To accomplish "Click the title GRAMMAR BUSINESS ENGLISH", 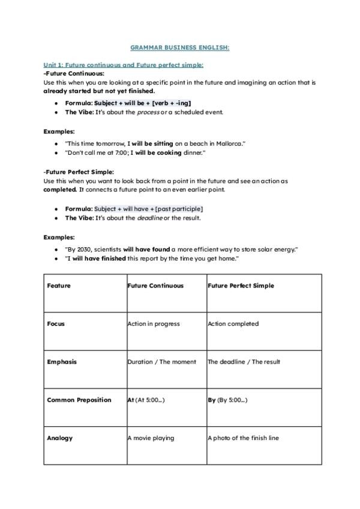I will (x=179, y=47).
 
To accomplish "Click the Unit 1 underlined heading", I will (x=123, y=65).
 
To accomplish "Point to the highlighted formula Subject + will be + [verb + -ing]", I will (x=143, y=103).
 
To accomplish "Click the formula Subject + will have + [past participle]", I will (x=148, y=208).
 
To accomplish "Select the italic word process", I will (x=148, y=112).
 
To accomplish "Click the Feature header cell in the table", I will (x=59, y=286).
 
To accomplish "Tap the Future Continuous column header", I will (x=155, y=286).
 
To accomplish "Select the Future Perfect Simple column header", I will (x=241, y=286).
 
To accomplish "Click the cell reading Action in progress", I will (x=154, y=324).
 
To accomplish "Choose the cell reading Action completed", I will (x=233, y=324).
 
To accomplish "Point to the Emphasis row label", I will (x=62, y=362).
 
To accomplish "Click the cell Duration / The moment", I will (x=162, y=362).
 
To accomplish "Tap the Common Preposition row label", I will (x=79, y=400).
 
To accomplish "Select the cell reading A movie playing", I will (x=151, y=438).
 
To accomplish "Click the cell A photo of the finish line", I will (x=243, y=438).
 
